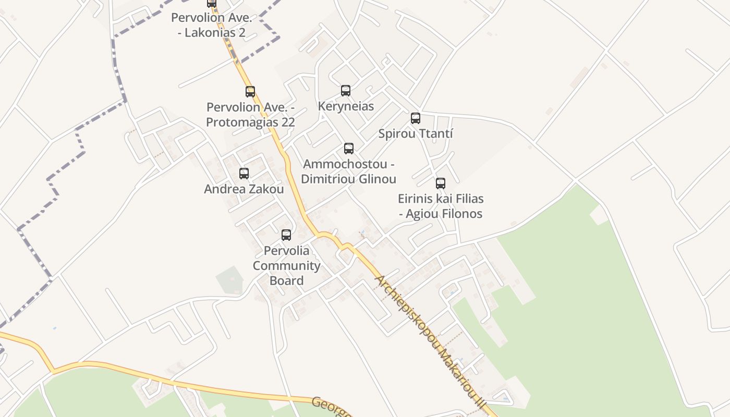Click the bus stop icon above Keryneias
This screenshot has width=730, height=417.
346,91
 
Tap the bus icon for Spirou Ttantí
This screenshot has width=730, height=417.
416,118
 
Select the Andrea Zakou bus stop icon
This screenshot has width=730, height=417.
244,174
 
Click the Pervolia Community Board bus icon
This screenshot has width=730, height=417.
286,235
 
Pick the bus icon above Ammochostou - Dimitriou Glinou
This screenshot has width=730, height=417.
349,149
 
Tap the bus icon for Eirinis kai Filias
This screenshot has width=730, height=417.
441,183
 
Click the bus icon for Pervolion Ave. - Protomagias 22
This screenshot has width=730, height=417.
250,92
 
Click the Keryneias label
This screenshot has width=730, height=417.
346,106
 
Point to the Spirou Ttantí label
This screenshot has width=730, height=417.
416,134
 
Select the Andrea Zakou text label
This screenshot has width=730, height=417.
244,189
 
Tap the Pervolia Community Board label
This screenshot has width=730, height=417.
286,265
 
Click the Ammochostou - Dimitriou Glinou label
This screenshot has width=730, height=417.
349,171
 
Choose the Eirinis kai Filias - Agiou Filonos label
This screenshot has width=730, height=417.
441,206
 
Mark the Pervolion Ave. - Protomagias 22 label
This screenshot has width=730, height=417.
251,115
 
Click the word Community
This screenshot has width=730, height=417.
286,266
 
